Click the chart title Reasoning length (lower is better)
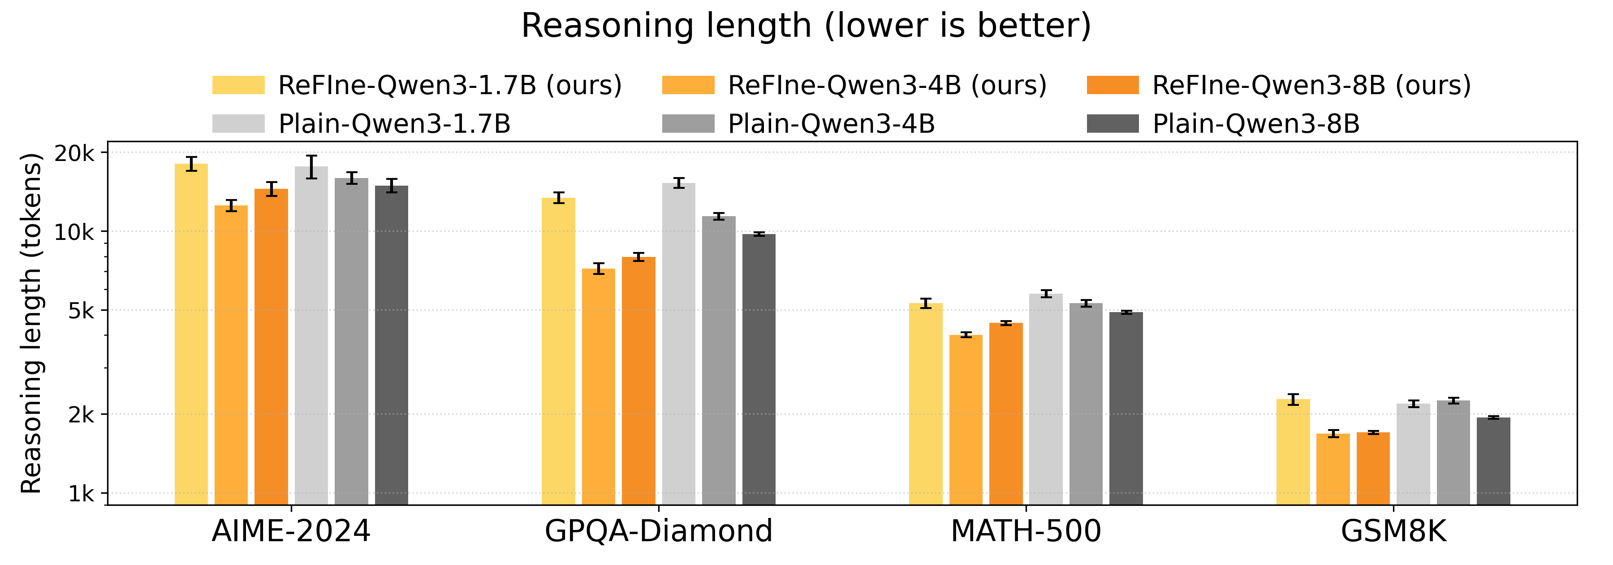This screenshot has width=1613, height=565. tap(806, 26)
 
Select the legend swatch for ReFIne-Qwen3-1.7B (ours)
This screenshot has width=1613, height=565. tap(238, 85)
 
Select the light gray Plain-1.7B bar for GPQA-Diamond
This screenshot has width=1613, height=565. tap(678, 344)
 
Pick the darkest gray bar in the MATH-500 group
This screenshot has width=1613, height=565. tap(1126, 407)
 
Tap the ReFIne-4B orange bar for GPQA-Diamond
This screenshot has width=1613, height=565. tap(598, 388)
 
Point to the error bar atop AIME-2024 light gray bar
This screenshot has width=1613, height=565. tap(311, 166)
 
